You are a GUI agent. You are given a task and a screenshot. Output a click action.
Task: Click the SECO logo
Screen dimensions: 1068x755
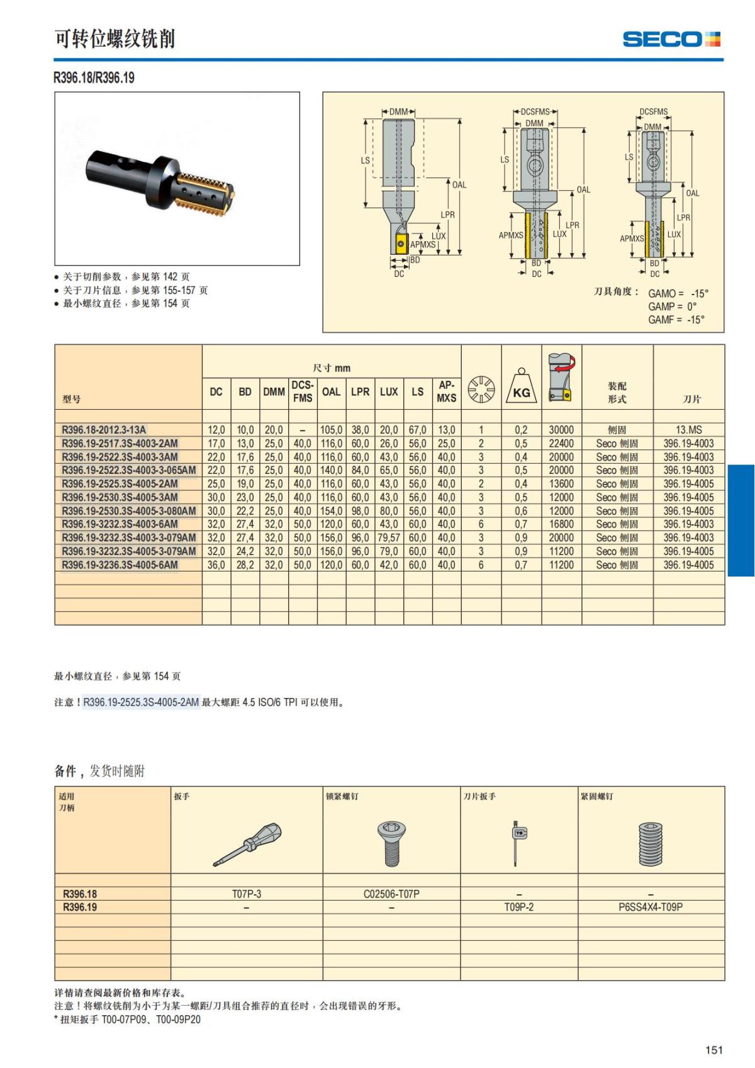click(671, 39)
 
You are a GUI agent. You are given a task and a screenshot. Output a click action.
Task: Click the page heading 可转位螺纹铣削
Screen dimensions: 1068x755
click(115, 39)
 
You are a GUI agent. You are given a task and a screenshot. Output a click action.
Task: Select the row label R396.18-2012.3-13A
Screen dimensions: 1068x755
click(104, 430)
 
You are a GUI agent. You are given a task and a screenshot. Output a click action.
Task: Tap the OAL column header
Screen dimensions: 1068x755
click(331, 391)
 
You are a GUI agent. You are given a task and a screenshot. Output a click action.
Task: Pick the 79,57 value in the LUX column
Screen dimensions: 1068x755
click(389, 538)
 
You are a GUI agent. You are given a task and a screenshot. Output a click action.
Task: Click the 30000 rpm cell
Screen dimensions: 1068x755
click(561, 430)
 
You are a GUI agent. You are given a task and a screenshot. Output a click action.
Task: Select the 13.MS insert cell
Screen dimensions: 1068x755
click(689, 430)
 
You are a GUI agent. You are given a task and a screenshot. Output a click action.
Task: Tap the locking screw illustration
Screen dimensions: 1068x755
click(391, 843)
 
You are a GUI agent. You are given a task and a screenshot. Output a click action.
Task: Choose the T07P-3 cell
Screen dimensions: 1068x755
click(247, 894)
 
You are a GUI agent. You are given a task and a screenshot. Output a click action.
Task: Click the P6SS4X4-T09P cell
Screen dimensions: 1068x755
click(651, 907)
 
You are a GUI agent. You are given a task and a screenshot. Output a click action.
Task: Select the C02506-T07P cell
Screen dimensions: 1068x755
click(391, 894)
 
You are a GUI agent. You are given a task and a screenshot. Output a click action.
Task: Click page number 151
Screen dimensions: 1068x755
click(714, 1050)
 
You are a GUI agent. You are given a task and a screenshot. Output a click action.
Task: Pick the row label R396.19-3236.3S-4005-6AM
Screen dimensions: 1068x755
click(120, 565)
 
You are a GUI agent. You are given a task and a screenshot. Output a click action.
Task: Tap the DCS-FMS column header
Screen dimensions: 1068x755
click(302, 391)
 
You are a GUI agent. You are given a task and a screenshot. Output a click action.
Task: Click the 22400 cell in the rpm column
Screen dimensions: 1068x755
click(561, 444)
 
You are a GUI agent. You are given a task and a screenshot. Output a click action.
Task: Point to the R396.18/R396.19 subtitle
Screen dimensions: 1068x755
click(94, 78)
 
